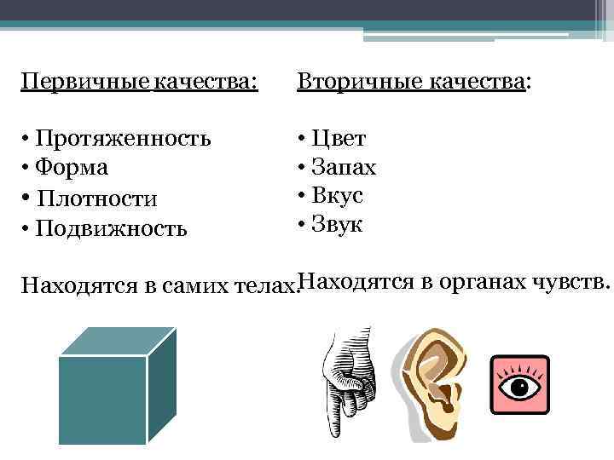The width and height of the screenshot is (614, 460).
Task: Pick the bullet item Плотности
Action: tap(98, 198)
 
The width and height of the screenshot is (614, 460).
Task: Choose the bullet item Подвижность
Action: tap(111, 228)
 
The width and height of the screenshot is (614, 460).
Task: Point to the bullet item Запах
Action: tap(345, 167)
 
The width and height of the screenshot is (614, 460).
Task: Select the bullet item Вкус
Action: tap(339, 196)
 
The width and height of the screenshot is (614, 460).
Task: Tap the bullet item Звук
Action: tap(339, 225)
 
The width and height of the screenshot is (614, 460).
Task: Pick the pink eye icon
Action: tap(520, 383)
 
